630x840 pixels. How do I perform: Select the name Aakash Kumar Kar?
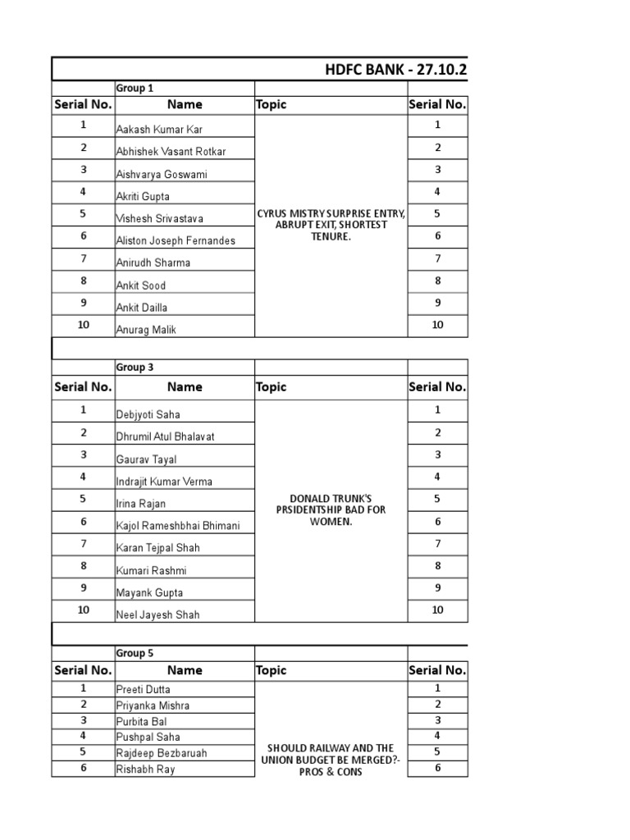pyautogui.click(x=159, y=130)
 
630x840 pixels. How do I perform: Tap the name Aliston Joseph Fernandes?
pyautogui.click(x=176, y=240)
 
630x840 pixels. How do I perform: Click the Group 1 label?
pyautogui.click(x=135, y=89)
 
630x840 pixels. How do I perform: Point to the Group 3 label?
pyautogui.click(x=135, y=367)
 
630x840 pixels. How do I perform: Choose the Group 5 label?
pyautogui.click(x=135, y=654)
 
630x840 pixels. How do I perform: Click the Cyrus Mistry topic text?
pyautogui.click(x=331, y=226)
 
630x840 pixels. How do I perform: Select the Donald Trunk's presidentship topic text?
pyautogui.click(x=331, y=509)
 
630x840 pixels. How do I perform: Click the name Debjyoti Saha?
pyautogui.click(x=148, y=415)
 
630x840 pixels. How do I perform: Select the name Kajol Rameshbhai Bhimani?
pyautogui.click(x=178, y=526)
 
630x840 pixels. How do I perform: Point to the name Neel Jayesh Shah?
pyautogui.click(x=157, y=614)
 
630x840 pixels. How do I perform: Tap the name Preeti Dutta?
pyautogui.click(x=144, y=690)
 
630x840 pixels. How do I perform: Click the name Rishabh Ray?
pyautogui.click(x=146, y=769)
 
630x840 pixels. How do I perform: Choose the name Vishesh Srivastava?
pyautogui.click(x=160, y=219)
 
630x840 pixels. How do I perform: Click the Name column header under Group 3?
pyautogui.click(x=185, y=386)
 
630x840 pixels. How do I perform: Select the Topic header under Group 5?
pyautogui.click(x=272, y=670)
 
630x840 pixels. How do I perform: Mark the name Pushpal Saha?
pyautogui.click(x=148, y=737)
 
